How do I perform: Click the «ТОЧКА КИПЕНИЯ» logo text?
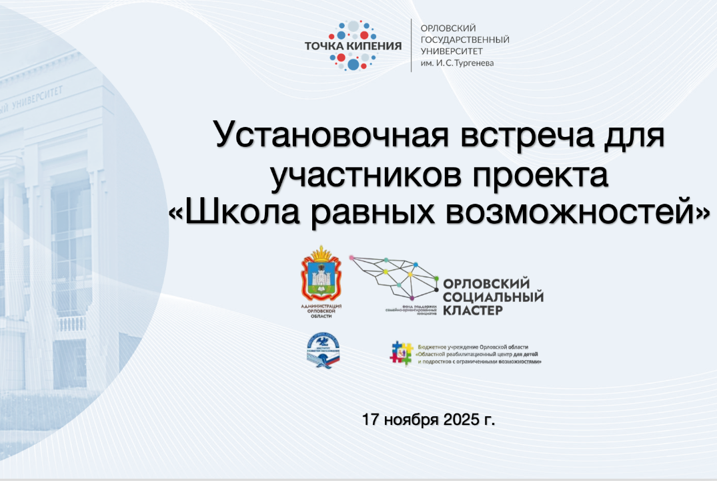pyautogui.click(x=353, y=46)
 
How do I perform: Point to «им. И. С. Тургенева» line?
pyautogui.click(x=458, y=64)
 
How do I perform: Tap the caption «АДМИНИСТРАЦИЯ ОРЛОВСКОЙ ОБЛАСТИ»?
pyautogui.click(x=321, y=311)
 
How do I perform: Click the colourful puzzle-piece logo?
pyautogui.click(x=401, y=353)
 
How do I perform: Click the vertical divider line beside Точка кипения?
pyautogui.click(x=411, y=45)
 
